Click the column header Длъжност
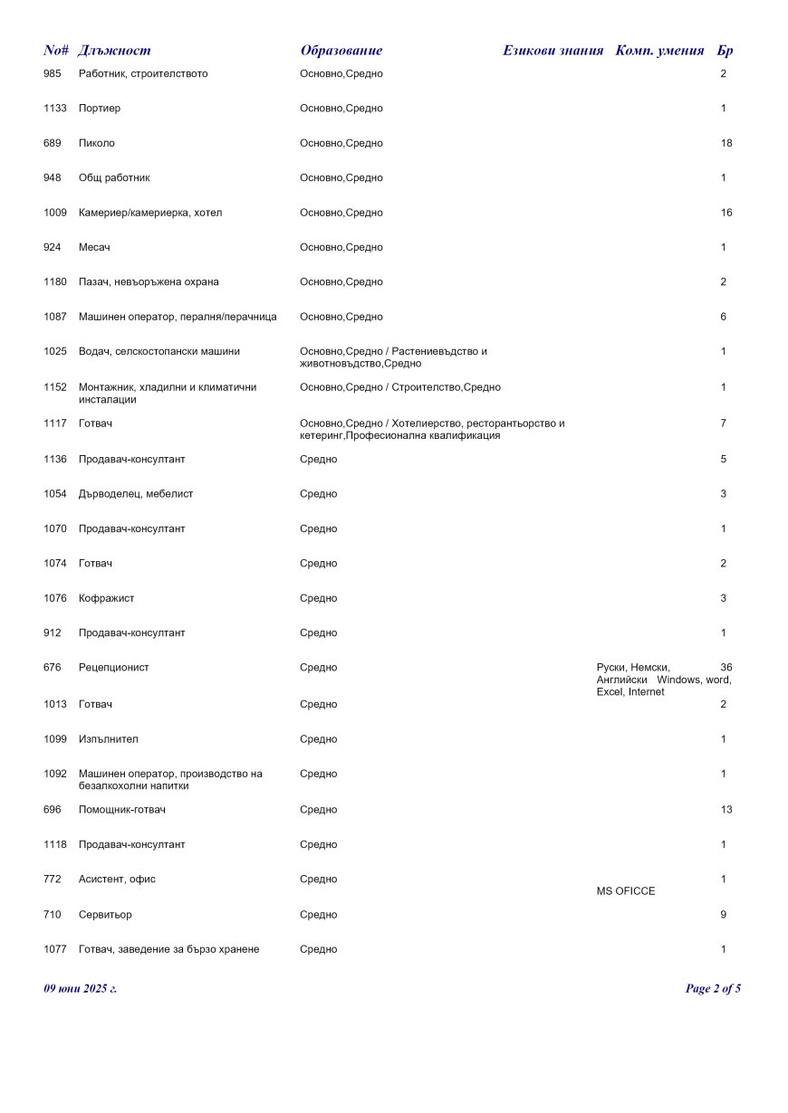115,51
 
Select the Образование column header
341,51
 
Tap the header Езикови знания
553,51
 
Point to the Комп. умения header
659,51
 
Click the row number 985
53,73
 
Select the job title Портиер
100,109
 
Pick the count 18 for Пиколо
726,143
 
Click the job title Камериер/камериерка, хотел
150,213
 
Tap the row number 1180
55,282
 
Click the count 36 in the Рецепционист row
726,668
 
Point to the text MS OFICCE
626,891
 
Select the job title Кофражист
107,598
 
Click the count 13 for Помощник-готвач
726,810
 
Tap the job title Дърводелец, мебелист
136,494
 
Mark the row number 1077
55,949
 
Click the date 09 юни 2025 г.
81,989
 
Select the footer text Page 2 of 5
713,989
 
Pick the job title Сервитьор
105,915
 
